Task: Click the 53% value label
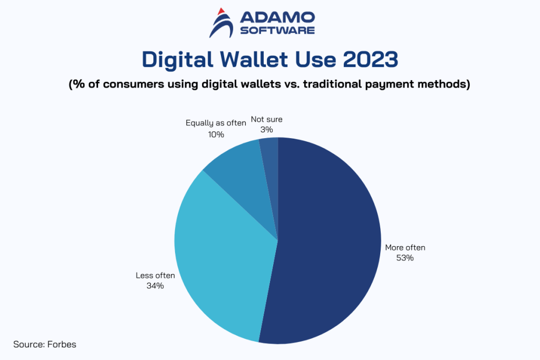coord(405,258)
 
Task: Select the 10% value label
coord(216,134)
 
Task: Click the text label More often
coord(405,247)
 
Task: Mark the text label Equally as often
coord(216,123)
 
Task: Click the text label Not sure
coord(266,120)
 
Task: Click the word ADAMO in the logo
coord(277,17)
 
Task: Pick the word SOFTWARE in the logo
coord(277,30)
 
